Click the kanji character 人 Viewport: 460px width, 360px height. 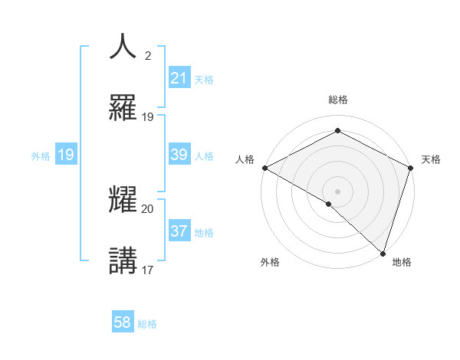pos(123,46)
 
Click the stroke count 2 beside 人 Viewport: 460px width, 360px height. pos(148,56)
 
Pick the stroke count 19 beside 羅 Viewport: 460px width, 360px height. pos(148,116)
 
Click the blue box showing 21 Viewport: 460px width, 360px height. pos(179,77)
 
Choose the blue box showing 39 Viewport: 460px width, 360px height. pos(179,155)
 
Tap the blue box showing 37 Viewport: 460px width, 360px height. pos(179,231)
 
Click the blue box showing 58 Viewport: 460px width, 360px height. pos(123,323)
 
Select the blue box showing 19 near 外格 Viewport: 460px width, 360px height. pos(65,155)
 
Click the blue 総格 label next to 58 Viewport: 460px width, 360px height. pos(147,324)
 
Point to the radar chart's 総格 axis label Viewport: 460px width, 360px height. pos(338,100)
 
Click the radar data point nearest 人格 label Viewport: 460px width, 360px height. pos(264,168)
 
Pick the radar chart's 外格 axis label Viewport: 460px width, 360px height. pos(270,262)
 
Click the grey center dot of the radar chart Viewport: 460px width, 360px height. pos(338,191)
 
